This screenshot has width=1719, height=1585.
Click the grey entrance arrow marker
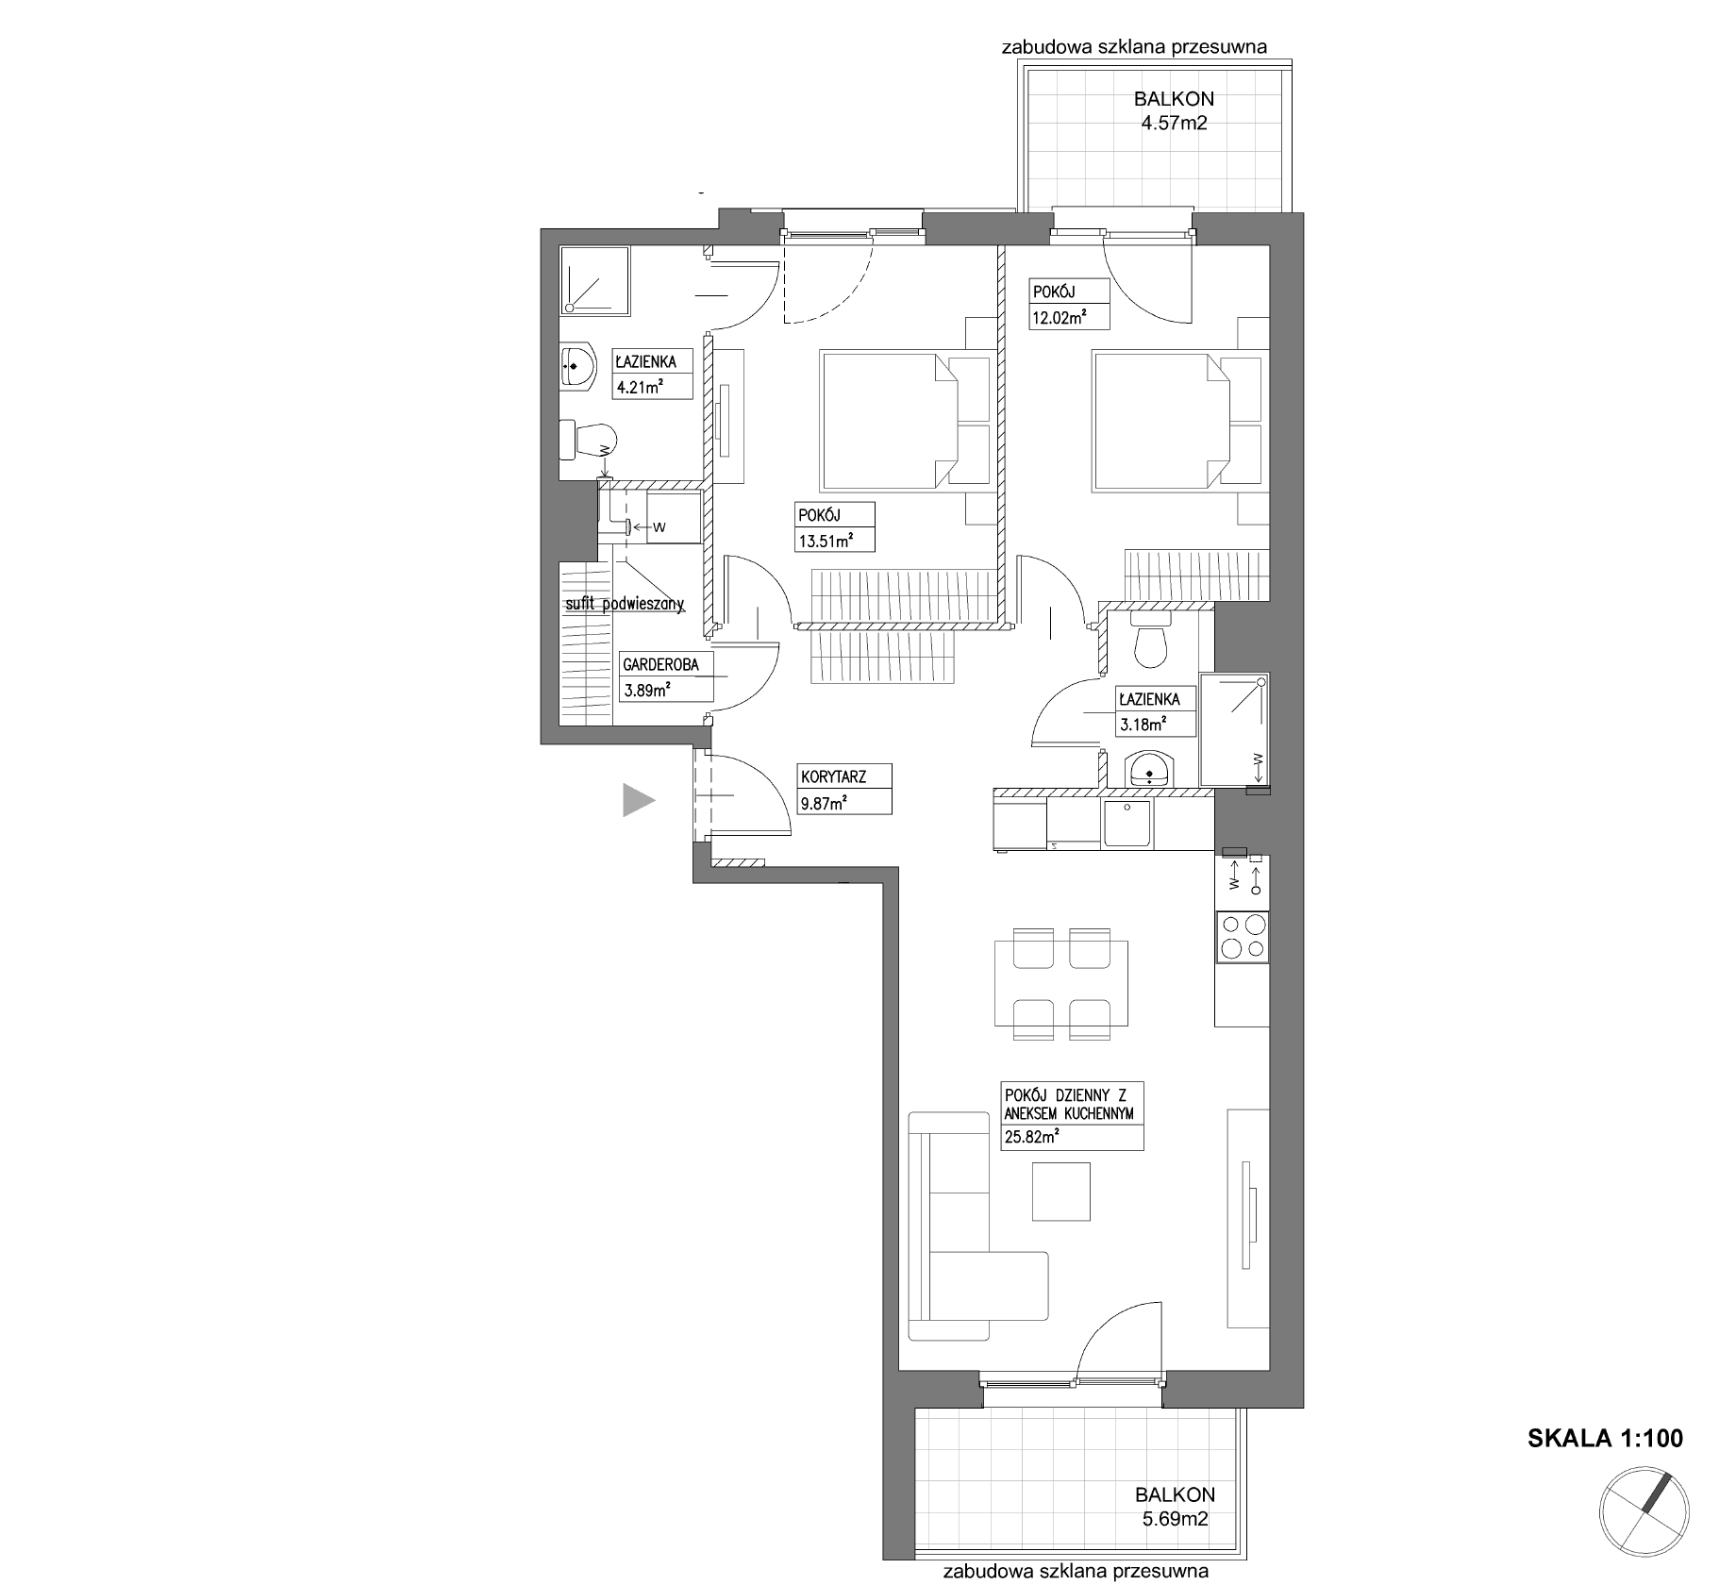click(638, 800)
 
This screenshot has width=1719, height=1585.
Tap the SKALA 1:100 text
click(1605, 1439)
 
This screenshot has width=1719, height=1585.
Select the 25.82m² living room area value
click(1031, 1137)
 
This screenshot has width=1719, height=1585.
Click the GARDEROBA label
click(660, 664)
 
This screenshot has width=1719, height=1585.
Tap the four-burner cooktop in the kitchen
click(1243, 937)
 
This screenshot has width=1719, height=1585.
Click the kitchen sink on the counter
click(1127, 825)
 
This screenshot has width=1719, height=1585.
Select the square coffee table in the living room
click(1060, 1192)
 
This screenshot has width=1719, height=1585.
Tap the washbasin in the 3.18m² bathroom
click(1149, 768)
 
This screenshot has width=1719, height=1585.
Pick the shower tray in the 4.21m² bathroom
click(594, 281)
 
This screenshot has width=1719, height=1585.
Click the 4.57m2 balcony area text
click(1174, 122)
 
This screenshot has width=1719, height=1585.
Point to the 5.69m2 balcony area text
click(1175, 1519)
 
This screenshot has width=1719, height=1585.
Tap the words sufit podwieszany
click(625, 605)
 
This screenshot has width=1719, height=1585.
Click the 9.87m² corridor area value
click(824, 804)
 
